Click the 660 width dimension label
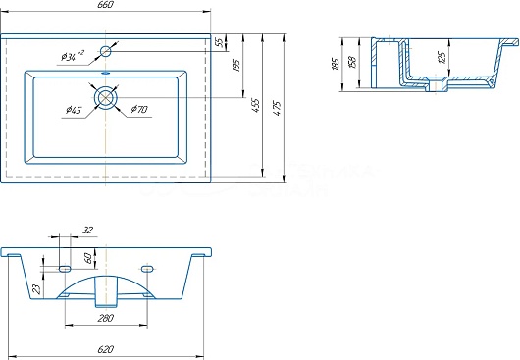[106, 4]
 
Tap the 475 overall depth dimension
[277, 108]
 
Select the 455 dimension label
[256, 105]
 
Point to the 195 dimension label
[235, 66]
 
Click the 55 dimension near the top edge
[220, 42]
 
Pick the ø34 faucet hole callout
[73, 56]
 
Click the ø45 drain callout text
[74, 110]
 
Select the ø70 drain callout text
[139, 109]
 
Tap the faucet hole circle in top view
[105, 51]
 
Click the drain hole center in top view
[105, 97]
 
